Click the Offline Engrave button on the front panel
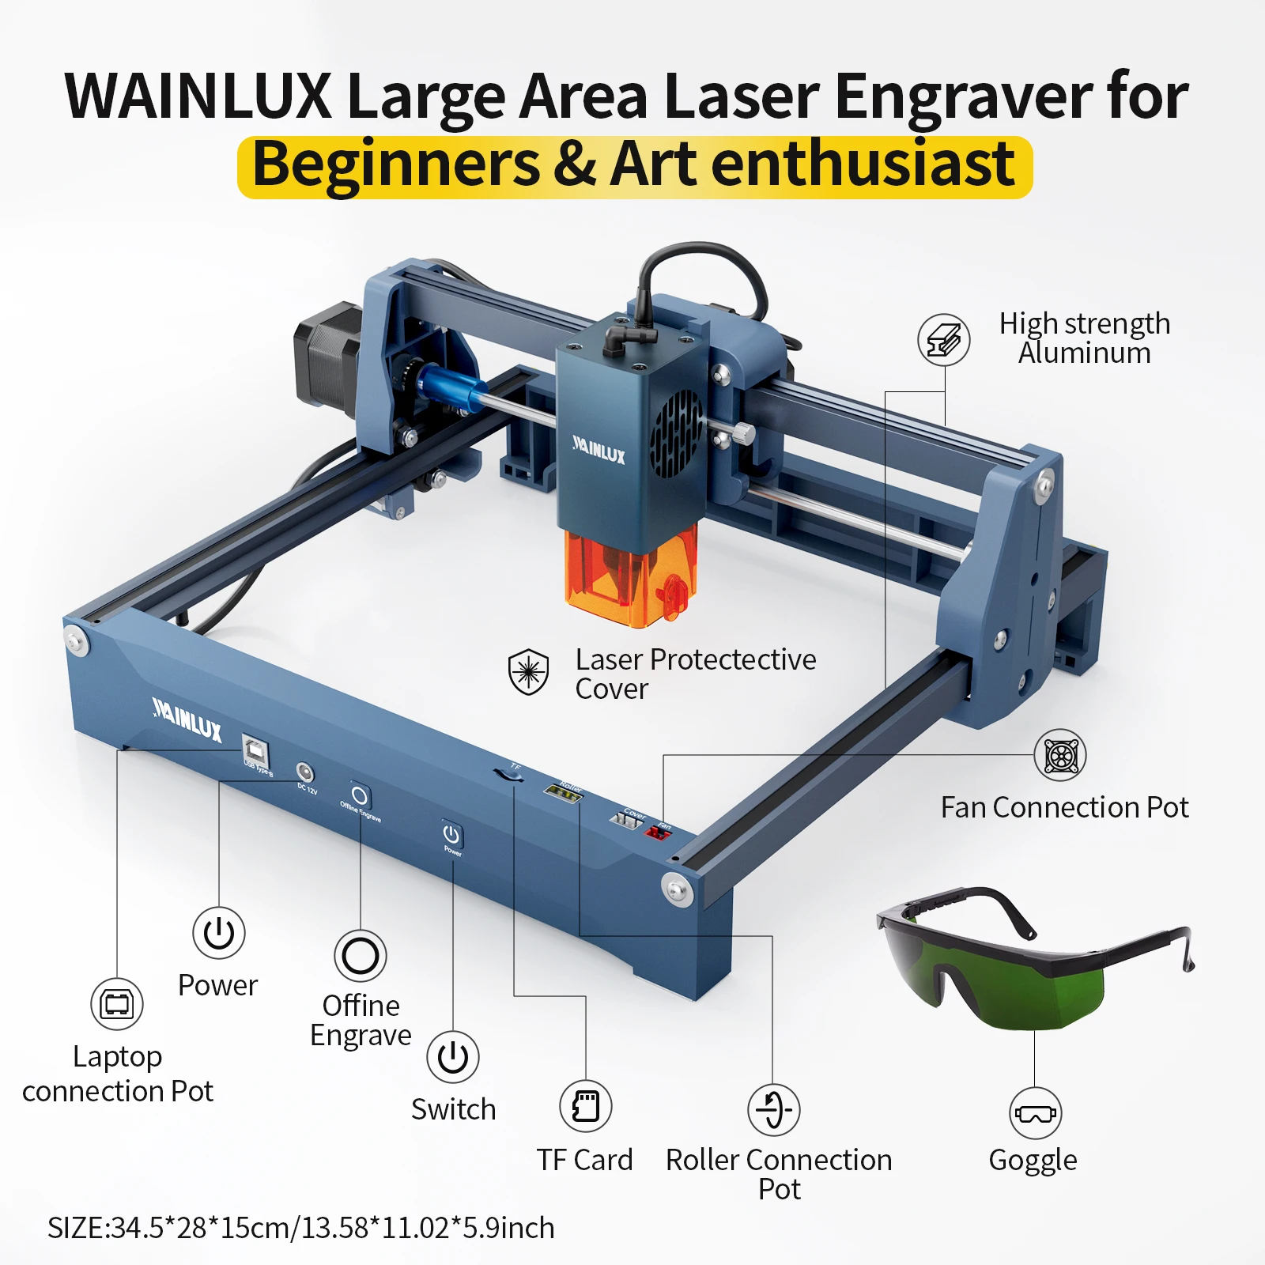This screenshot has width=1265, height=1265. [x=360, y=795]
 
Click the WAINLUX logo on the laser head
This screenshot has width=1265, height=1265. [x=599, y=450]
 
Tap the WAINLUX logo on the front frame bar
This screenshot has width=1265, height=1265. [x=187, y=717]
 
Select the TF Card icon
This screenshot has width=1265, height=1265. [x=586, y=1106]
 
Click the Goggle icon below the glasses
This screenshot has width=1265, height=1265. [x=1035, y=1113]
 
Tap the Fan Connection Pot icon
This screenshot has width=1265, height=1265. [x=1060, y=755]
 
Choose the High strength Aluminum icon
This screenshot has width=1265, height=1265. [x=943, y=340]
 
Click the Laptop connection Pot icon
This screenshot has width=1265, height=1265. [x=117, y=1004]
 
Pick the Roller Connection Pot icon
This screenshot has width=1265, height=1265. [x=774, y=1109]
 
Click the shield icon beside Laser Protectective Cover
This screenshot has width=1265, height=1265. [x=528, y=672]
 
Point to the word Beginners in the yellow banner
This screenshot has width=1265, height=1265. [x=395, y=165]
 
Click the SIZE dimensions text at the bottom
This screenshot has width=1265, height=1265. [x=301, y=1228]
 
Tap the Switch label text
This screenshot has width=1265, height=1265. [x=453, y=1109]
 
